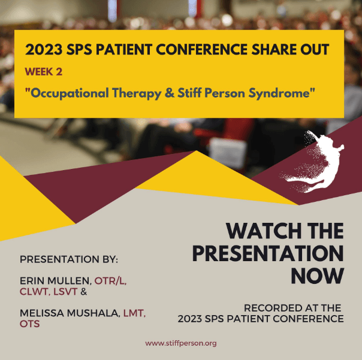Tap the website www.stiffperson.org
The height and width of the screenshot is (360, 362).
tap(181, 343)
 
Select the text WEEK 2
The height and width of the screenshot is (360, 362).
tap(44, 72)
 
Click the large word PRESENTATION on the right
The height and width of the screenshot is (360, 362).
tap(268, 253)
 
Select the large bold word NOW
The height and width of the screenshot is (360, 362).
tap(318, 276)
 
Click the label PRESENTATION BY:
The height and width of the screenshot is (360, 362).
tap(69, 259)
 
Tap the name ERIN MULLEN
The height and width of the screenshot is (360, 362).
tap(55, 281)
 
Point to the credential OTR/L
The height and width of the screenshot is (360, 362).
tap(110, 281)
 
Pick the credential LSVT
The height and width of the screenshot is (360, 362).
tap(65, 292)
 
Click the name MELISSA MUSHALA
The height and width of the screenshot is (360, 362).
tap(70, 313)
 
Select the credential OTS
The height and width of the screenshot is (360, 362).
tap(29, 324)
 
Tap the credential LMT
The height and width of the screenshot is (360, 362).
tap(134, 313)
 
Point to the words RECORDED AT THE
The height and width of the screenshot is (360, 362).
tap(292, 308)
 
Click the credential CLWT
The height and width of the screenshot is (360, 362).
tap(35, 292)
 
